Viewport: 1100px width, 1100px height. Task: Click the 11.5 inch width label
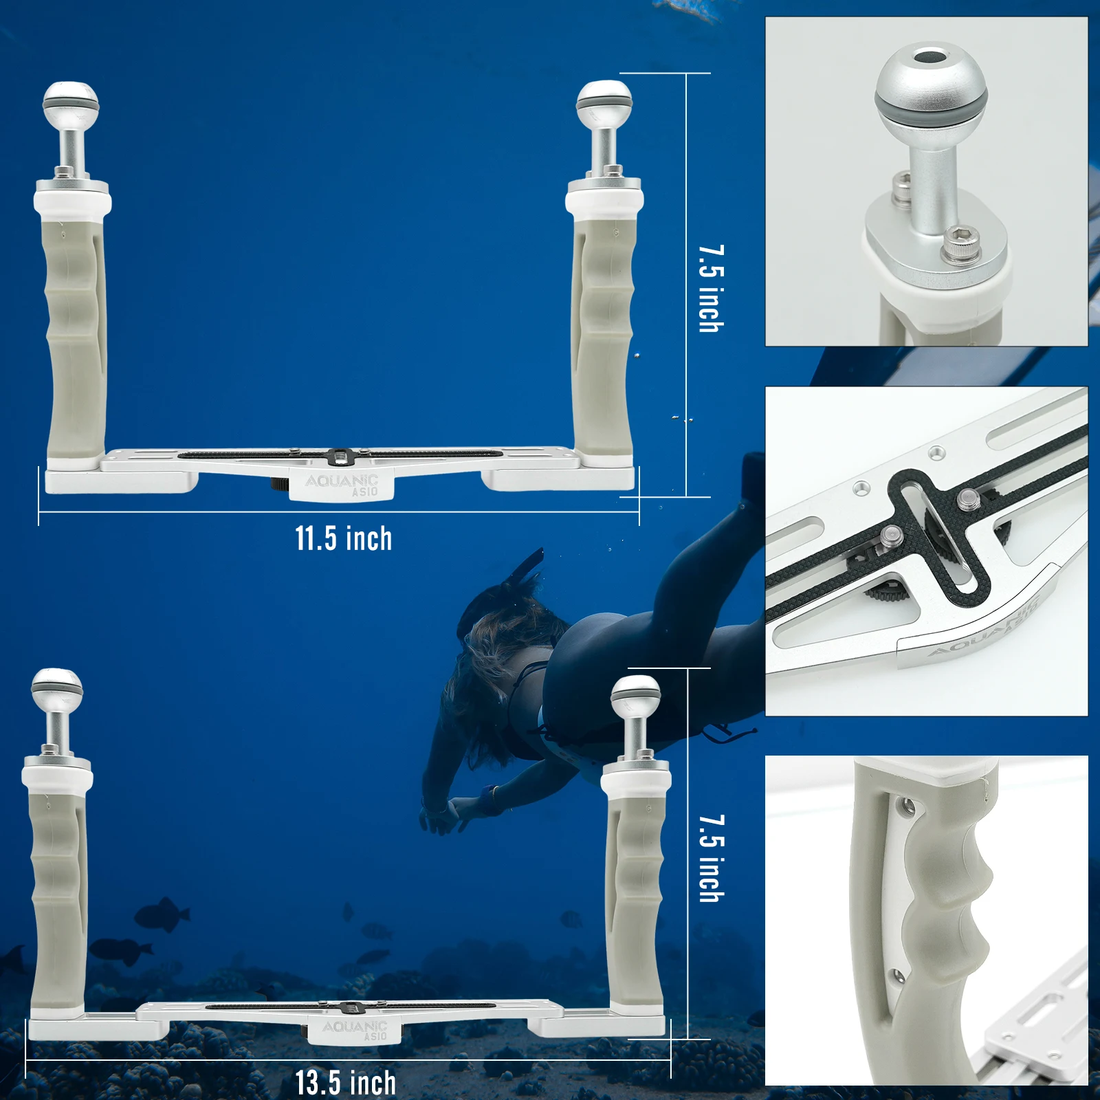(344, 538)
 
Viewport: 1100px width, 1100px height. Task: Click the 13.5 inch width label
(346, 1083)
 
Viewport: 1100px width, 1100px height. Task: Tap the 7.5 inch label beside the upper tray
(712, 289)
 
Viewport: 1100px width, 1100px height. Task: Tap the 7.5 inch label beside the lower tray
(712, 859)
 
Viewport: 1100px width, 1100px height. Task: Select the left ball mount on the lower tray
(57, 712)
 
